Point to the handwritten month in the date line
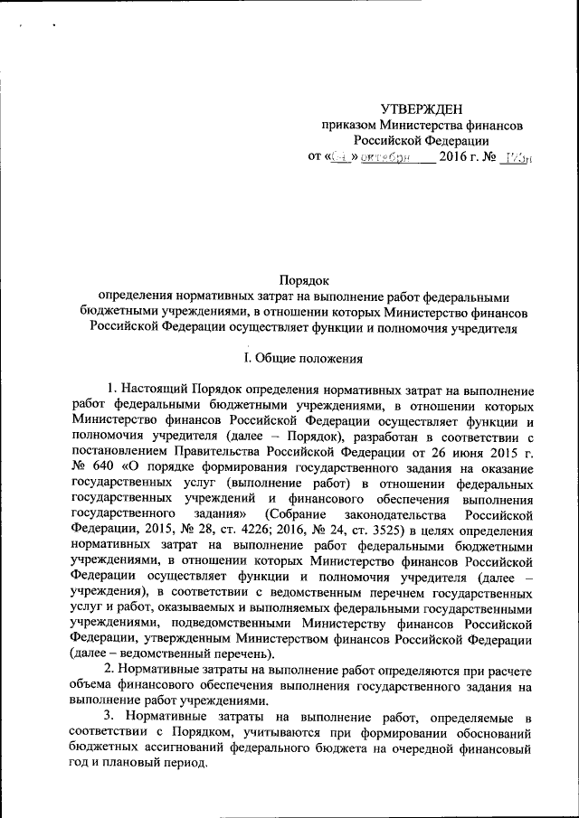(384, 156)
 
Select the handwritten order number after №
(515, 156)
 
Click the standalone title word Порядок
(304, 282)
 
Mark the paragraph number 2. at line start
(110, 670)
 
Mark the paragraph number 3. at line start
(110, 717)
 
